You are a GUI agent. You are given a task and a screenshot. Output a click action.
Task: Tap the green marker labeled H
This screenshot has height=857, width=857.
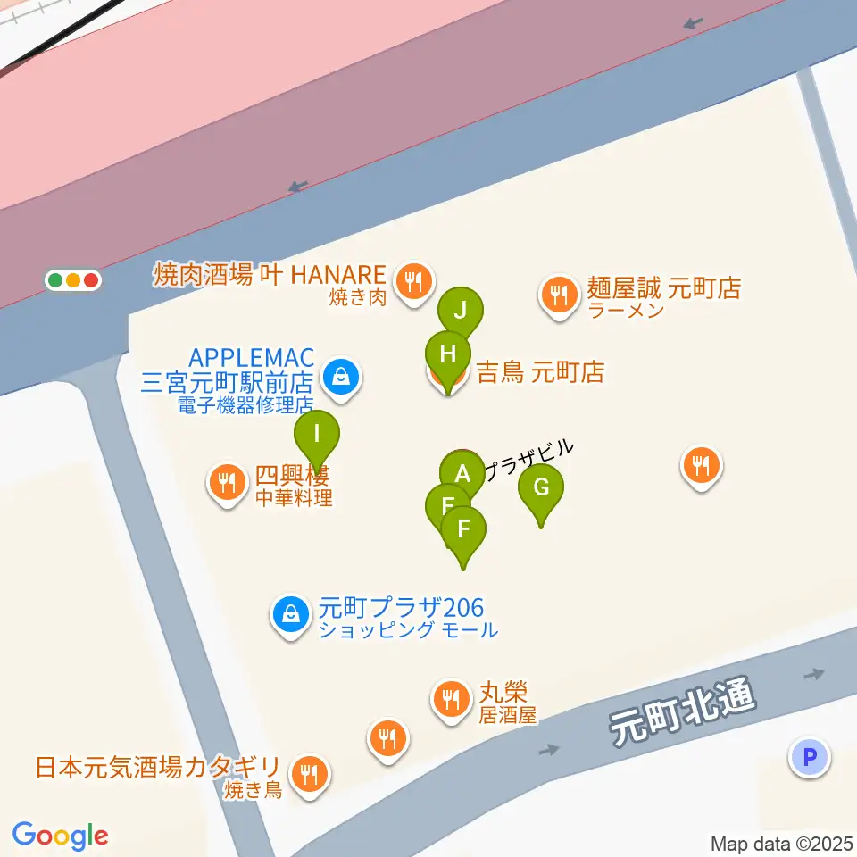pyautogui.click(x=448, y=354)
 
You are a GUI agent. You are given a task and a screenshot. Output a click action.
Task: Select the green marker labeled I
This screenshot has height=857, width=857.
pyautogui.click(x=317, y=435)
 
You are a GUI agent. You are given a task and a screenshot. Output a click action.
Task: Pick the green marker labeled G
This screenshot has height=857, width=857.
pyautogui.click(x=541, y=488)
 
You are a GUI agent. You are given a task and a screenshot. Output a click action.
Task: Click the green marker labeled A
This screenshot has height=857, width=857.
pyautogui.click(x=462, y=472)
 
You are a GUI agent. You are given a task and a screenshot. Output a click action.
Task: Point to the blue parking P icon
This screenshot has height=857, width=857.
pyautogui.click(x=810, y=758)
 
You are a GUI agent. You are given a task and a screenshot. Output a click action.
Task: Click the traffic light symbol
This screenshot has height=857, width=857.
pyautogui.click(x=73, y=280)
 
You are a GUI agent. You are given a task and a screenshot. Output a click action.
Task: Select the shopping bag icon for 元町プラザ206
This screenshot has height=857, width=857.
pyautogui.click(x=290, y=614)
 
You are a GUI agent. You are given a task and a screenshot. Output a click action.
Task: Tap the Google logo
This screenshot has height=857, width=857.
pyautogui.click(x=60, y=836)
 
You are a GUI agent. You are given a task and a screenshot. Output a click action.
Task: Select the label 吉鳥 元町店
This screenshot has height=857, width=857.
pyautogui.click(x=540, y=372)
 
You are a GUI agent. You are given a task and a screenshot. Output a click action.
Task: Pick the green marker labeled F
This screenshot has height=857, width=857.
pyautogui.click(x=463, y=529)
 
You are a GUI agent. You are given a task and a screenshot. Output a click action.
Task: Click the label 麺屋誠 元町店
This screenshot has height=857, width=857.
pyautogui.click(x=663, y=288)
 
